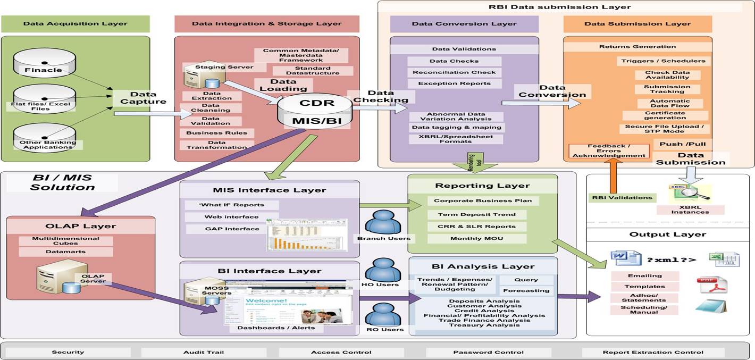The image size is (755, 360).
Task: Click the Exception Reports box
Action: [x=454, y=83]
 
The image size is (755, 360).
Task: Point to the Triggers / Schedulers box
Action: [x=663, y=61]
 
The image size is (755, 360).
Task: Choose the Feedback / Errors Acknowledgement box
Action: [x=609, y=151]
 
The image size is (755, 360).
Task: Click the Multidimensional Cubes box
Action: [x=66, y=241]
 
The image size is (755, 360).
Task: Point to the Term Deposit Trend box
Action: [x=477, y=214]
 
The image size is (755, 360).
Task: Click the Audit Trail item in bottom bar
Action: [x=204, y=352]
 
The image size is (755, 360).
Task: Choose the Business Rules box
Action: [x=216, y=133]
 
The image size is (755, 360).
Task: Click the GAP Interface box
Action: [x=224, y=229]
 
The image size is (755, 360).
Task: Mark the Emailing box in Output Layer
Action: [x=644, y=275]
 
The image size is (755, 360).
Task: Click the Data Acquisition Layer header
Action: [x=75, y=24]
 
